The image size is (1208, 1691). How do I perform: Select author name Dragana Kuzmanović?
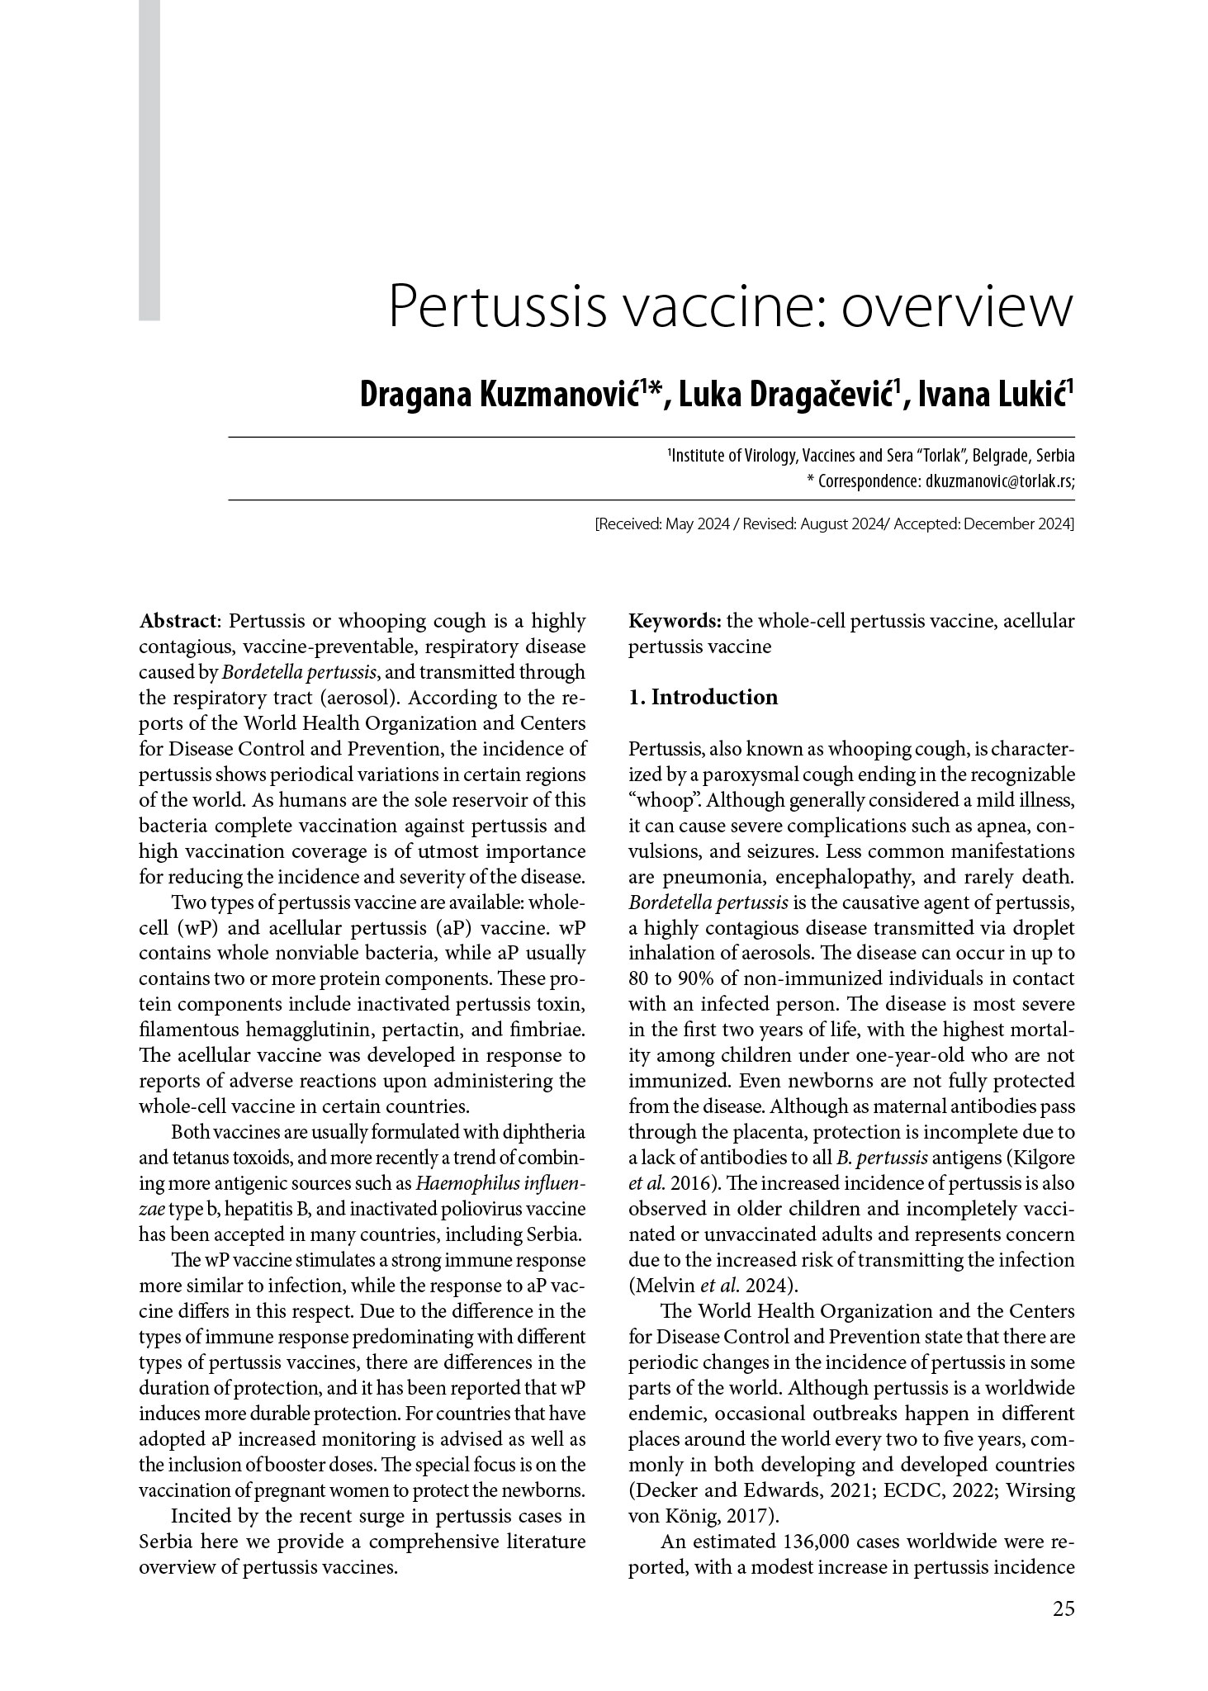coord(500,395)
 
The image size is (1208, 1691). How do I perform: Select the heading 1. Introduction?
coord(703,698)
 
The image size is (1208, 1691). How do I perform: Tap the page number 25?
coord(1064,1608)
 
